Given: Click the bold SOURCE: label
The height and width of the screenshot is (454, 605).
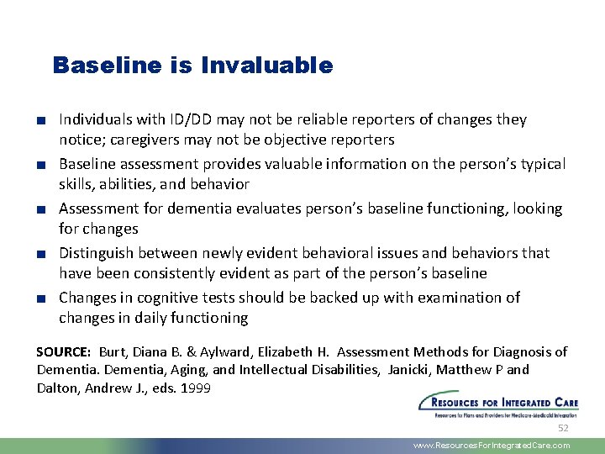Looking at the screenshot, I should coord(64,352).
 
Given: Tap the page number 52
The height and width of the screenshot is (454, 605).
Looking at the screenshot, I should coord(562,428).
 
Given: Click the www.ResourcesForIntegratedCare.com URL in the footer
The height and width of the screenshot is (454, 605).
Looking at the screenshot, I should coord(492,446).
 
